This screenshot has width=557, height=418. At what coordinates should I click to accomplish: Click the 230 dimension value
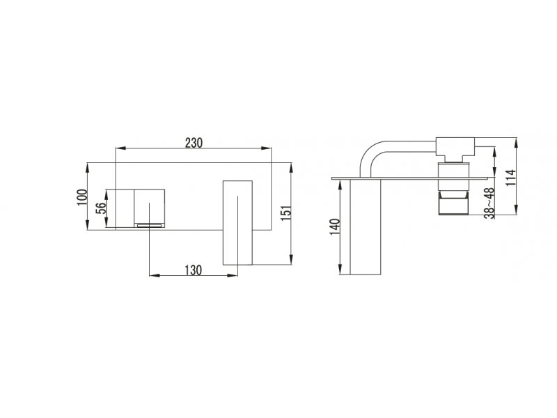[194, 143]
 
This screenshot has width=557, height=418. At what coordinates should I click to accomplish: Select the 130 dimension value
[193, 270]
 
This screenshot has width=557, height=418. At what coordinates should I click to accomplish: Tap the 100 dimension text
[82, 197]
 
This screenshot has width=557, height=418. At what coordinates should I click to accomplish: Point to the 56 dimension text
[101, 208]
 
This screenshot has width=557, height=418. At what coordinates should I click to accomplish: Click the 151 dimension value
[287, 213]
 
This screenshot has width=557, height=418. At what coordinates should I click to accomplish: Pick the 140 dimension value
[335, 226]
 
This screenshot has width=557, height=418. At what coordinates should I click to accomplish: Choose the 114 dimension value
[510, 178]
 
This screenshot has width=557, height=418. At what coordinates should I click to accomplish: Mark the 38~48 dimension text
[490, 203]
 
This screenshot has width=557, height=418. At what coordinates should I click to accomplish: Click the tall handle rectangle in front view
[237, 223]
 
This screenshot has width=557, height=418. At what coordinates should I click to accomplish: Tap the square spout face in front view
[149, 206]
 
